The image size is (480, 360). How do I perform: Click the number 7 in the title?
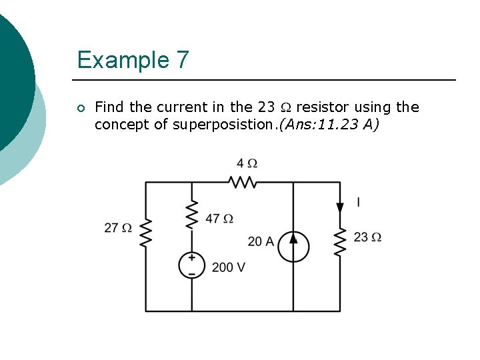182,60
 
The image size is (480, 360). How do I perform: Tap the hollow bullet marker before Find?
80,108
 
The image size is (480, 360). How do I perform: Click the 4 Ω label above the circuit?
246,163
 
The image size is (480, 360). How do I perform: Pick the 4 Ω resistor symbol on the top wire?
242,181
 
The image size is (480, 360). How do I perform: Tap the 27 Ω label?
117,228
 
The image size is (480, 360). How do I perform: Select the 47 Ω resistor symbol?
192,213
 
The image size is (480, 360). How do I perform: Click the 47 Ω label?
219,219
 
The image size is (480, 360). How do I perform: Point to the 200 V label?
229,267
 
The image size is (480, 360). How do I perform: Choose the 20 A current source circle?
293,246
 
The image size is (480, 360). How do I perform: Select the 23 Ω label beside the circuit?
367,237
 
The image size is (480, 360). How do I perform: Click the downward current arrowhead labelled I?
340,207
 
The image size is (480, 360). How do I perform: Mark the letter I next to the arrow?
358,202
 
